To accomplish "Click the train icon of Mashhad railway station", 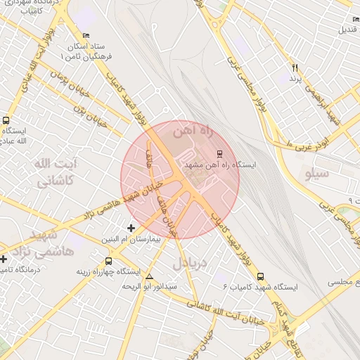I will point(219,153).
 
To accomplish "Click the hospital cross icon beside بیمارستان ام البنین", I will point(131,229).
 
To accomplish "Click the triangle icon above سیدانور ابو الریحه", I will point(148,276).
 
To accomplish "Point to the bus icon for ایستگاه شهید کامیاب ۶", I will point(261,276).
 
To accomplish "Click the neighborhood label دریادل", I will point(188,264).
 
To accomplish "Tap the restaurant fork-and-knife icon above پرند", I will point(295,68).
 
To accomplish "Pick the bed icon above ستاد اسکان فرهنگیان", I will point(86,35).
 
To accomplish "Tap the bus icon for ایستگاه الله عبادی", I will point(6,120).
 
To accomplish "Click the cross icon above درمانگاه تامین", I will point(4,259).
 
